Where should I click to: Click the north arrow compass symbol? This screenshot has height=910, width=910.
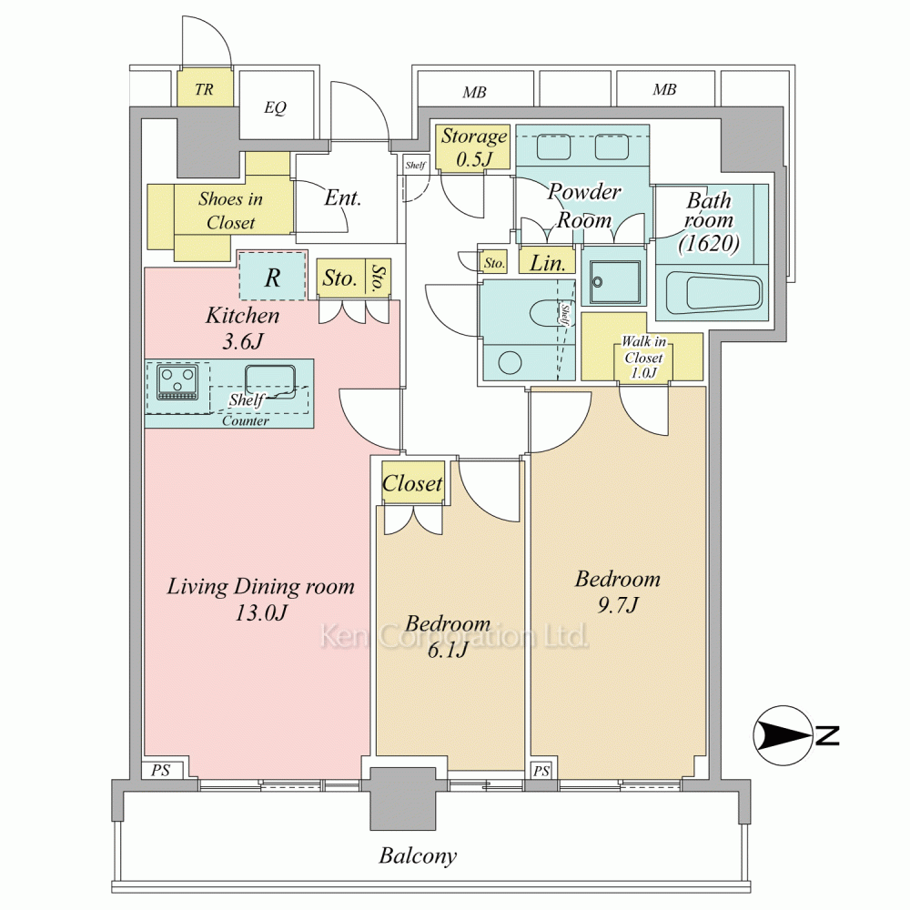[783, 735]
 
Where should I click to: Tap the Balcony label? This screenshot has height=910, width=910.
[418, 855]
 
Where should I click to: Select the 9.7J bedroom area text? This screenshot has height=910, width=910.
[618, 605]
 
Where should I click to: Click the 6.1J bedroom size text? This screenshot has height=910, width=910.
[448, 651]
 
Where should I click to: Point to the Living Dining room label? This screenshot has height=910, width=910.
[260, 586]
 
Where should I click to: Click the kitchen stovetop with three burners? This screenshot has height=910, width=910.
[177, 382]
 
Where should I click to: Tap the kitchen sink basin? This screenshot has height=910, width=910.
[270, 380]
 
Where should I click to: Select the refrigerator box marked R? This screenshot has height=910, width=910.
[272, 276]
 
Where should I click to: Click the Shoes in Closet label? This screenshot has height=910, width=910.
[230, 211]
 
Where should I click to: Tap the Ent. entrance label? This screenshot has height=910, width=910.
[343, 197]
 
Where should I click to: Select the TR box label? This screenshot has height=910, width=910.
[204, 89]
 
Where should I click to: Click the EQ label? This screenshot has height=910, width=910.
[275, 107]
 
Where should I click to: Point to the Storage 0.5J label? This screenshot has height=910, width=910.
[474, 147]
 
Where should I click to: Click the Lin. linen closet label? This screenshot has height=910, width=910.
[548, 264]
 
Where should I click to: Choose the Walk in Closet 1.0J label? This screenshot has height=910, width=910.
[643, 358]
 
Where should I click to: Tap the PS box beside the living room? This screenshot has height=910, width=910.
[161, 770]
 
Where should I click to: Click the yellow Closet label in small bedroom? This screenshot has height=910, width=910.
[412, 483]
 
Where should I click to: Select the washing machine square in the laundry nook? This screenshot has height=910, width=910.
[614, 283]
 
